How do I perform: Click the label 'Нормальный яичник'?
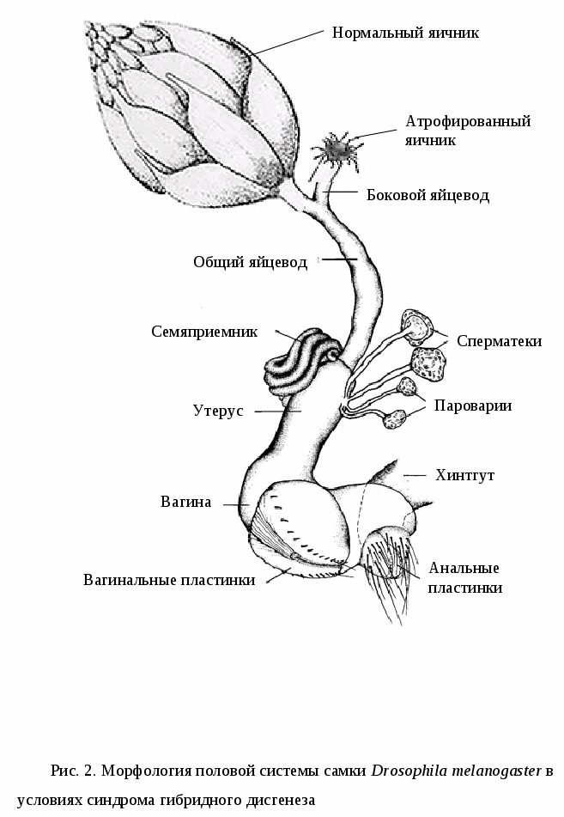point(405,33)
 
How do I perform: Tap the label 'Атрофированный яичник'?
point(468,130)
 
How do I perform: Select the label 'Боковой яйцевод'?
point(428,195)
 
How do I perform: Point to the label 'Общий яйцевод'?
point(250,262)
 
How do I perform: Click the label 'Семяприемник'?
point(204,332)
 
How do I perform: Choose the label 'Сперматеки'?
point(499,341)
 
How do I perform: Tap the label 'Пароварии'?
point(473,405)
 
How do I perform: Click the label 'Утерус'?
point(218,411)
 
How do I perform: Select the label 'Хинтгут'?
point(465,475)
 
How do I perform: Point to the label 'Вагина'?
point(185,502)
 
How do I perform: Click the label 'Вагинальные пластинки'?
point(169,580)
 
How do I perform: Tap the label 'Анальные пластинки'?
point(464,577)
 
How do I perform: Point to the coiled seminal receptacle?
point(296,361)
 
